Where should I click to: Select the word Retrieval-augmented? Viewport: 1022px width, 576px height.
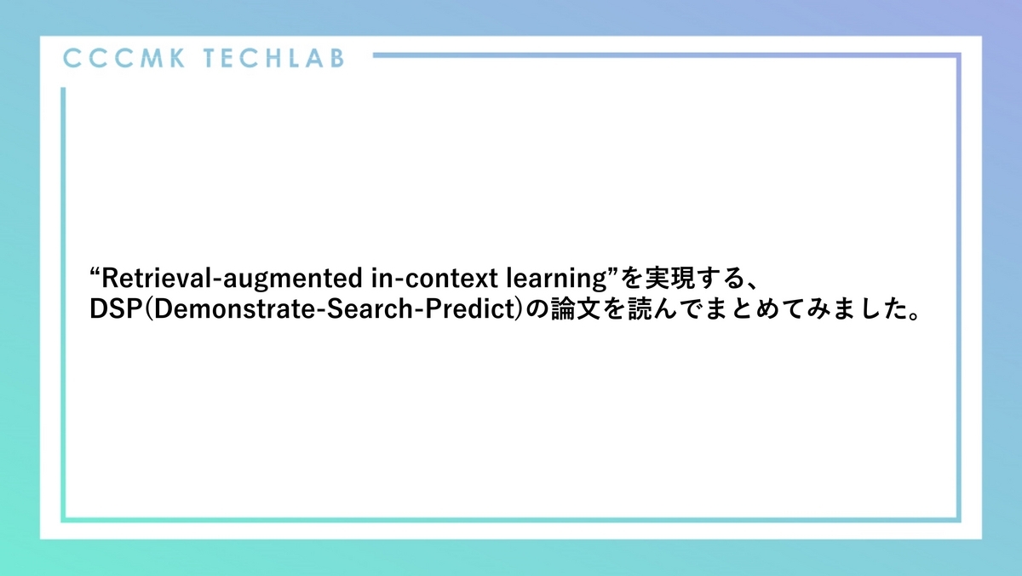[x=229, y=279]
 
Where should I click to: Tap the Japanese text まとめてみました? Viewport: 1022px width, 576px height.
[x=780, y=310]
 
